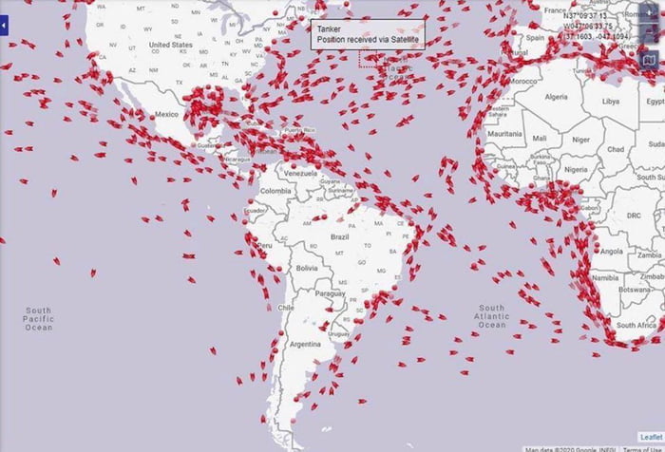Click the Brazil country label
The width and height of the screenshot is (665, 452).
tap(339, 235)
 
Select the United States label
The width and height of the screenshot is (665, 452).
tap(171, 45)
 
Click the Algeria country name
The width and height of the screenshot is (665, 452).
tap(555, 96)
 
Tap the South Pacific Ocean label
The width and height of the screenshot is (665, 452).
tap(39, 319)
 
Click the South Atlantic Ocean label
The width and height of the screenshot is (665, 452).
tap(493, 316)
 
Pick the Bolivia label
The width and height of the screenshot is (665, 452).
tap(306, 269)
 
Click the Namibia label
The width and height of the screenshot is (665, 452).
tap(604, 276)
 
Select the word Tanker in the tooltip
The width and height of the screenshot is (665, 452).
tap(329, 29)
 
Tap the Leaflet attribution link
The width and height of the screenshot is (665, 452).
tap(649, 437)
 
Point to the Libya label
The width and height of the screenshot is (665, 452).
tap(610, 101)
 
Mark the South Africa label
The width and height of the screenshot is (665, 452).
tap(636, 326)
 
